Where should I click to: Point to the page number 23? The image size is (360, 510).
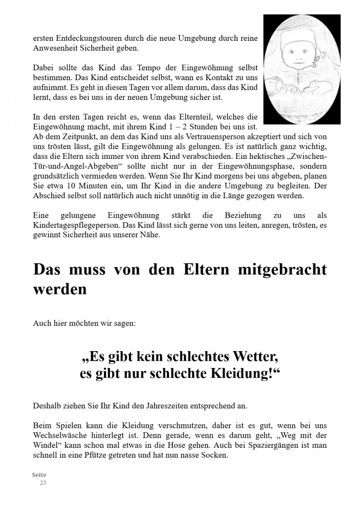click(43, 483)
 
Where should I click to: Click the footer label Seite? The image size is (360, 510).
click(39, 475)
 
